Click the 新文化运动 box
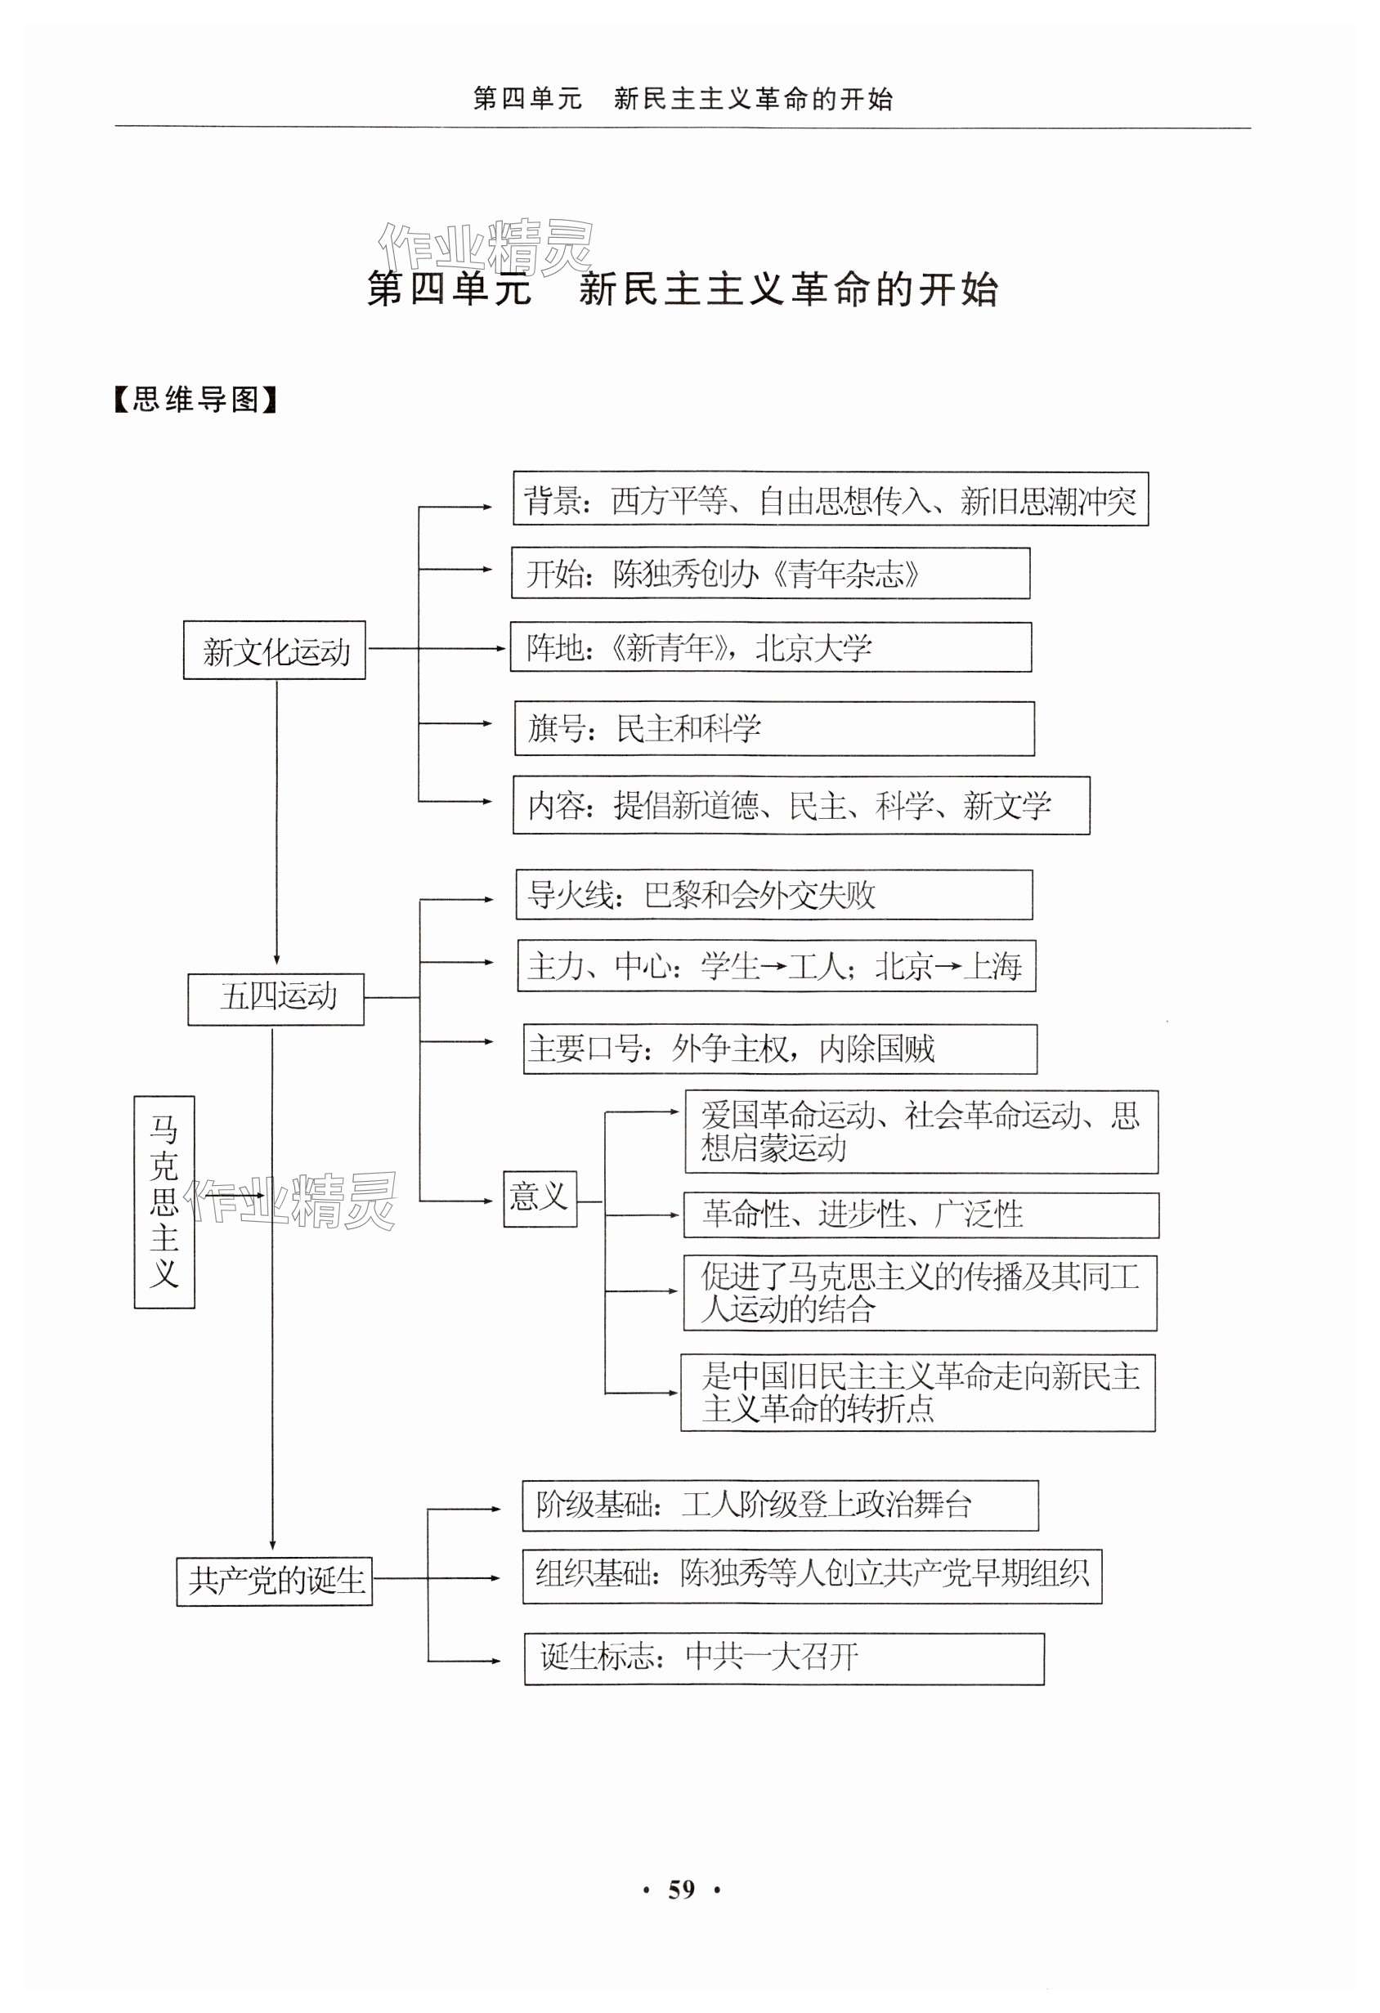tap(274, 651)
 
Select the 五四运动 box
tap(276, 998)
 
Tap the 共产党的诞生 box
tap(275, 1581)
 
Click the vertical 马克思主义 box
tap(164, 1201)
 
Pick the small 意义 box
tap(540, 1199)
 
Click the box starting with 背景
tap(830, 500)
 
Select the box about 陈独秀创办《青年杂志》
tap(770, 574)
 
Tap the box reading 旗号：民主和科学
tap(773, 728)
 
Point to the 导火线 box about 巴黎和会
tap(773, 895)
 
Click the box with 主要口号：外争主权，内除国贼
tap(780, 1049)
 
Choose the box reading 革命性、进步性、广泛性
tap(921, 1215)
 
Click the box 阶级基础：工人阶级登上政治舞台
tap(780, 1505)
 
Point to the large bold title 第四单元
tap(449, 289)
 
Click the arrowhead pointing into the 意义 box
tap(489, 1201)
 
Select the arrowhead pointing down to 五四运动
tap(276, 960)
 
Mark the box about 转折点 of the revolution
tap(917, 1393)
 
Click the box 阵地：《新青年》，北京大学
tap(770, 647)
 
